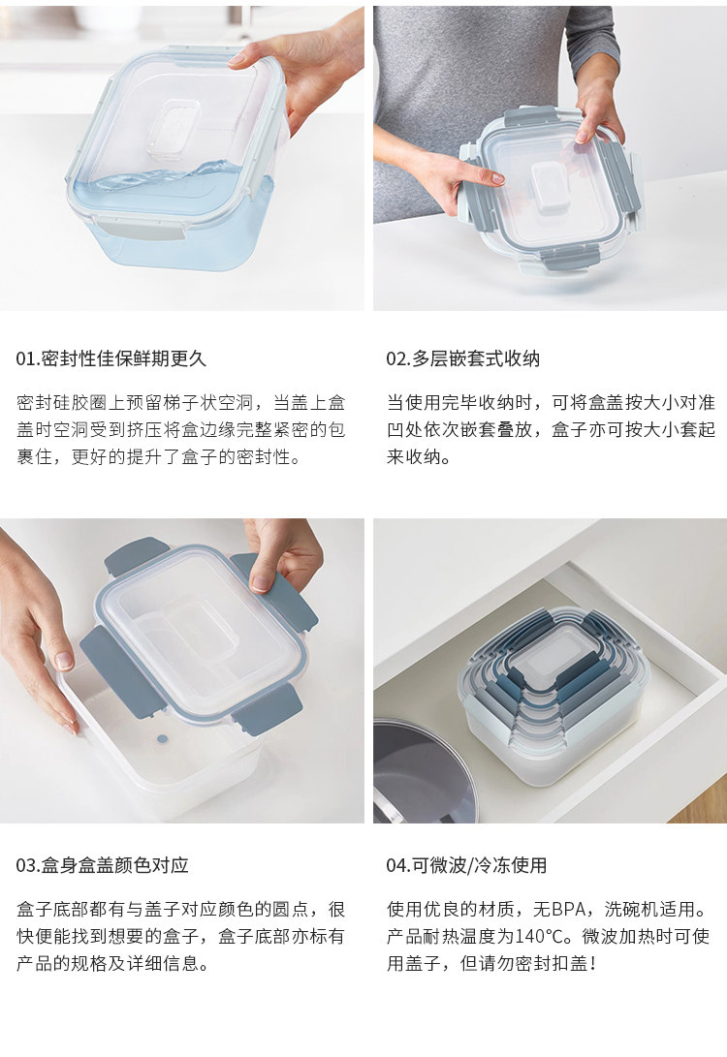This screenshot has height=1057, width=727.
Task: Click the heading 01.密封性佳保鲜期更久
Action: [x=111, y=358]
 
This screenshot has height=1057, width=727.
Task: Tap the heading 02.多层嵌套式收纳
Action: [x=462, y=358]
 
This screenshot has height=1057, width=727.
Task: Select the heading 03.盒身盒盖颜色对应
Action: [x=102, y=865]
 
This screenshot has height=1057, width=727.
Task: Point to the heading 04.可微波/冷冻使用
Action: [x=466, y=865]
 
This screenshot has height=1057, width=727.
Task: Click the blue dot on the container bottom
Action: [x=163, y=739]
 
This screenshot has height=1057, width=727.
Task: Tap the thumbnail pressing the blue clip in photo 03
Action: [x=261, y=583]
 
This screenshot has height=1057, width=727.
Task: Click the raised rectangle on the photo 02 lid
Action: [x=553, y=187]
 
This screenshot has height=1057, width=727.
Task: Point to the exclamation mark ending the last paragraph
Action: [x=592, y=963]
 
